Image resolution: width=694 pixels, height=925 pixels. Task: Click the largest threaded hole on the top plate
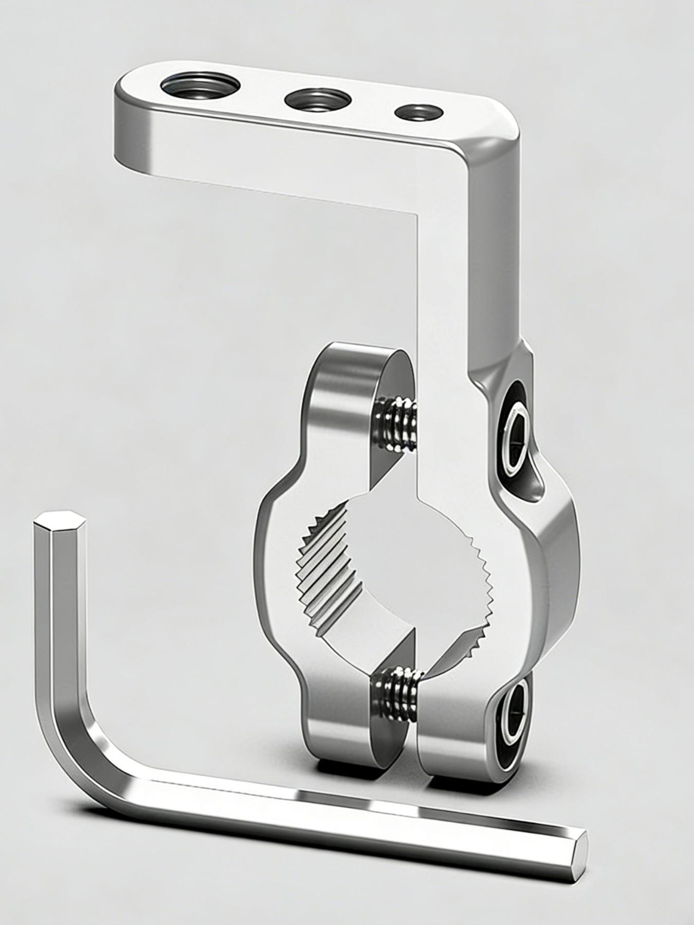(x=199, y=85)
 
